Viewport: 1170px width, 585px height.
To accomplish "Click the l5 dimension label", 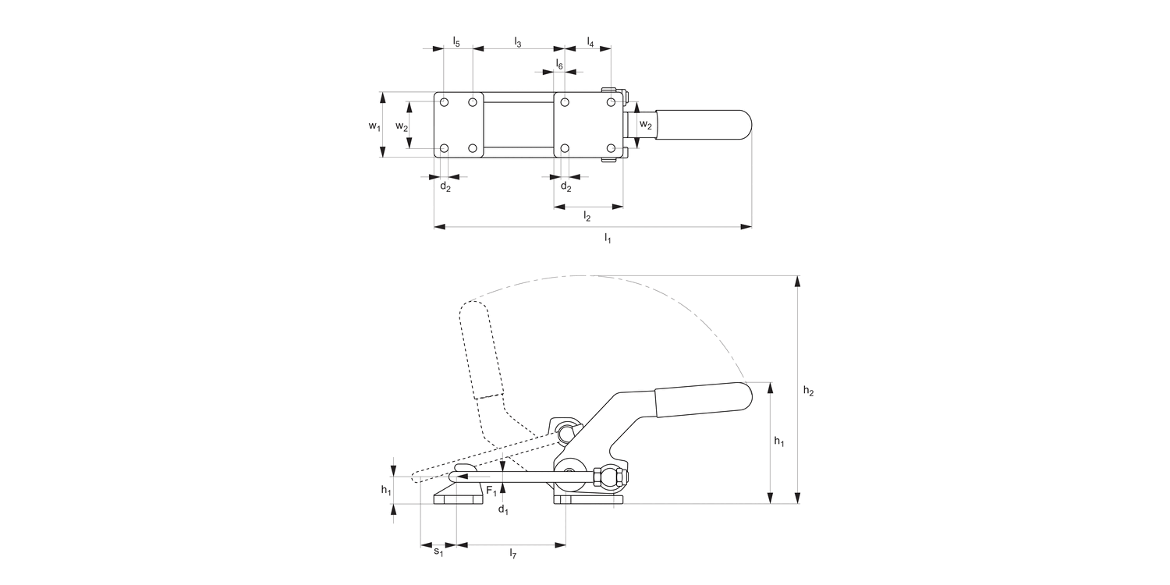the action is [456, 42].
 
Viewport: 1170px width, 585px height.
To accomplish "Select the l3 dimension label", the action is [518, 42].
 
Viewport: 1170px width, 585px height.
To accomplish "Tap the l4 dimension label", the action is [590, 42].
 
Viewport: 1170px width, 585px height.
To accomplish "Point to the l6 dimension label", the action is [559, 64].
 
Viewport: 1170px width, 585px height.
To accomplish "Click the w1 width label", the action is [374, 126].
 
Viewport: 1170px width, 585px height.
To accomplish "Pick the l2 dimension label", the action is [587, 216].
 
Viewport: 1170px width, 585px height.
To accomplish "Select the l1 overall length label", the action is [608, 238].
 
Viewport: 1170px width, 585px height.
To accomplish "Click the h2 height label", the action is [809, 390].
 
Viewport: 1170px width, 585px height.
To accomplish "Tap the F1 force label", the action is [491, 491].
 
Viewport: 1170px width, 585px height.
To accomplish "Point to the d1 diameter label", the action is [503, 510].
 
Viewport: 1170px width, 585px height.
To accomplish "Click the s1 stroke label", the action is [438, 551].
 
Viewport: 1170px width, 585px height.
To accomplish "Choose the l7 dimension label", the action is [513, 553].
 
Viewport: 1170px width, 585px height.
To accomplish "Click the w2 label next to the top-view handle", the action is [646, 125].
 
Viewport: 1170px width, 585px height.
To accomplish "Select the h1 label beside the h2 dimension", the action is [779, 441].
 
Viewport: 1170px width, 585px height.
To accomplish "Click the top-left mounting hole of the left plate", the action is [444, 102].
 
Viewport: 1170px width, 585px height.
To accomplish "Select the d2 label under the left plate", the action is [445, 186].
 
